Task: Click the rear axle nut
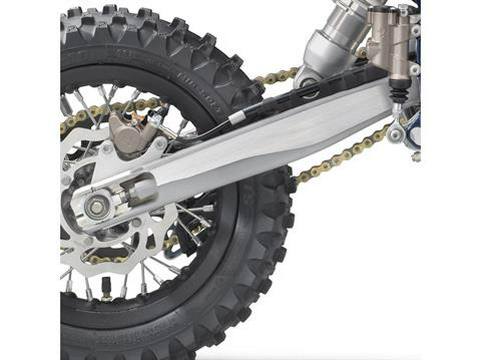pos(97,207)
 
